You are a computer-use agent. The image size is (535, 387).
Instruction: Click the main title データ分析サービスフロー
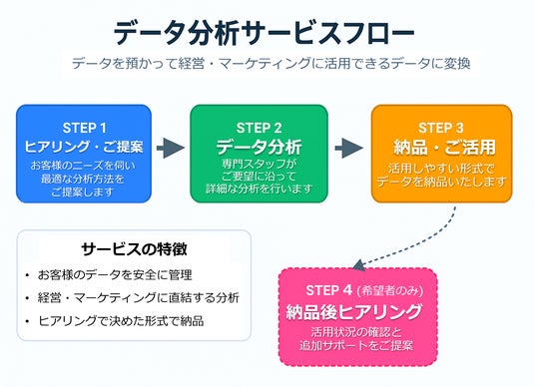coord(264,33)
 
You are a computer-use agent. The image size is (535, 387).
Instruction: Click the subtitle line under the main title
coord(271,64)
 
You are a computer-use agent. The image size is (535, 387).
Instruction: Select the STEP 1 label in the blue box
coord(84,128)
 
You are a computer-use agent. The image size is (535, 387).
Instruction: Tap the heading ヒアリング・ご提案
coord(84,147)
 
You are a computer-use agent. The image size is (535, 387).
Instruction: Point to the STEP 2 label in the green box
coord(259,128)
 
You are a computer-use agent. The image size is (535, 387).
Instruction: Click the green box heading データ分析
coord(259,147)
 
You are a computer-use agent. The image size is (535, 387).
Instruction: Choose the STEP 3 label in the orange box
coord(441,128)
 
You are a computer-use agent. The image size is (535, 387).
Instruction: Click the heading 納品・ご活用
coord(444,148)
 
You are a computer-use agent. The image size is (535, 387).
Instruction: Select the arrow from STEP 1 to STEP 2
coord(171,148)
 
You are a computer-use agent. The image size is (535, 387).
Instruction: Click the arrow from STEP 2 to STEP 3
coord(349,148)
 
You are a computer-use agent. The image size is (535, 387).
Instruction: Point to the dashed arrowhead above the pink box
coord(359,264)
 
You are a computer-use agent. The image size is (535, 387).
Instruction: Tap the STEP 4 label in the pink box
coord(329,290)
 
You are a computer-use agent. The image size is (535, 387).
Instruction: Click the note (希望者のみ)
coord(389,291)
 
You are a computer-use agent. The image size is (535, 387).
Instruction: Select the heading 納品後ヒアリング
coord(353,311)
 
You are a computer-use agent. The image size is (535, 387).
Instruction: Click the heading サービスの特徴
coord(134,249)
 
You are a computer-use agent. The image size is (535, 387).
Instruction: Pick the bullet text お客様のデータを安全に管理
coord(115,275)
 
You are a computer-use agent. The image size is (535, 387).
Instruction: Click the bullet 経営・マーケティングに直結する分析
coord(139,297)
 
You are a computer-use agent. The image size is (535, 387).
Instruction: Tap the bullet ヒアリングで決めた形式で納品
coord(121,320)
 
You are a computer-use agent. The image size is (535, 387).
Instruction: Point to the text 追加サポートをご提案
coord(356,345)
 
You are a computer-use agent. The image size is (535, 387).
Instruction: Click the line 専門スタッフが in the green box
coord(259,164)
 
